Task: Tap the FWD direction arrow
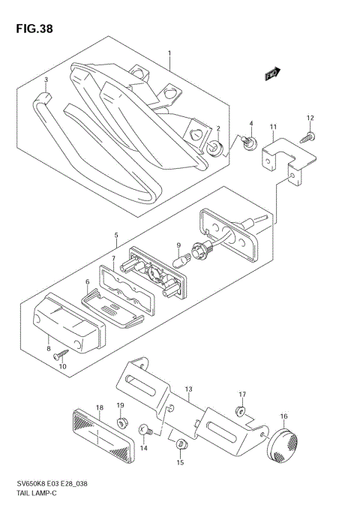[272, 74]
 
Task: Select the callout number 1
[169, 54]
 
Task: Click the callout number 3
[46, 80]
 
